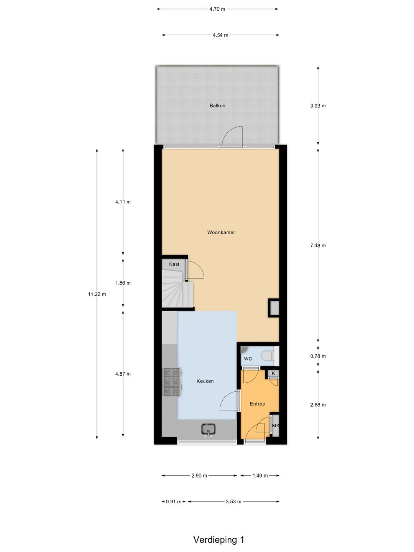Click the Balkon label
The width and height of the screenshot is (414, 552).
pyautogui.click(x=217, y=106)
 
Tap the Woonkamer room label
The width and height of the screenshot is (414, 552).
pyautogui.click(x=221, y=232)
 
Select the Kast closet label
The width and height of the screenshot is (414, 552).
pyautogui.click(x=174, y=264)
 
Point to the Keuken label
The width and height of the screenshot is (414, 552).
pyautogui.click(x=205, y=381)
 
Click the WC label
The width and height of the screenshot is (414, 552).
pyautogui.click(x=248, y=359)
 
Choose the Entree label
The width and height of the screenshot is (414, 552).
pyautogui.click(x=257, y=404)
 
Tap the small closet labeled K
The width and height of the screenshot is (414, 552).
pyautogui.click(x=273, y=373)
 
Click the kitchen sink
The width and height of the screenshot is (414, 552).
pyautogui.click(x=208, y=429)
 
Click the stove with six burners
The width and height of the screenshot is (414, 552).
pyautogui.click(x=172, y=382)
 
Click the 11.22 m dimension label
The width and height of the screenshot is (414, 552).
pyautogui.click(x=97, y=294)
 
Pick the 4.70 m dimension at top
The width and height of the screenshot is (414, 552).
pyautogui.click(x=217, y=9)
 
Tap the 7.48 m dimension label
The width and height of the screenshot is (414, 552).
pyautogui.click(x=318, y=245)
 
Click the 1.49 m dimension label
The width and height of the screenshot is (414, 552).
pyautogui.click(x=260, y=475)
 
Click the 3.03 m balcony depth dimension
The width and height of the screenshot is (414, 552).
pyautogui.click(x=318, y=106)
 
